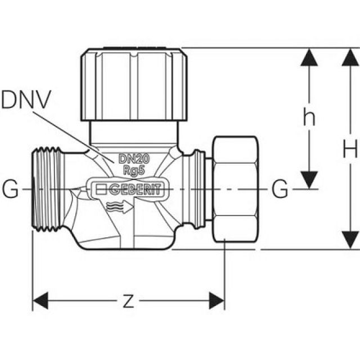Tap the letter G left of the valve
pyautogui.click(x=10, y=190)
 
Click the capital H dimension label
pyautogui.click(x=350, y=149)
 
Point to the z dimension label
pyautogui.click(x=128, y=301)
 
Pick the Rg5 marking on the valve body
pyautogui.click(x=133, y=169)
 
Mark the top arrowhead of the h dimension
pyautogui.click(x=308, y=56)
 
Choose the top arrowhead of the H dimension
pyautogui.click(x=350, y=56)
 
